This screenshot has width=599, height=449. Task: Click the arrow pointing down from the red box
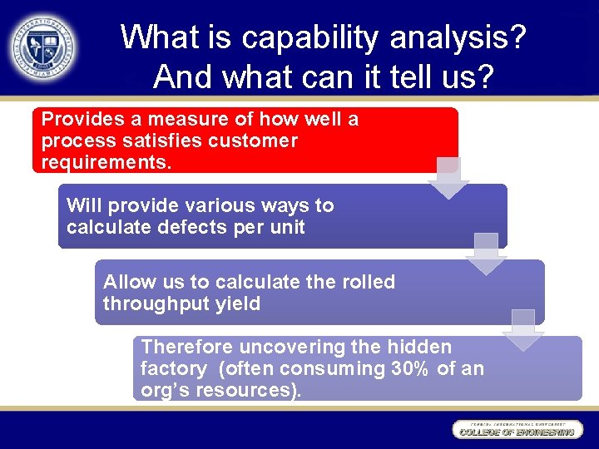coord(448,178)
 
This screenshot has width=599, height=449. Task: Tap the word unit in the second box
coord(287,227)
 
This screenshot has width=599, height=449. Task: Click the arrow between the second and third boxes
coord(486,254)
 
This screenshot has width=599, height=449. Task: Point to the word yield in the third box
coord(238,303)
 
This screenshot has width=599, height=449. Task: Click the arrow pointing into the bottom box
coord(523,330)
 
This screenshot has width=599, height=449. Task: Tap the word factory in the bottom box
coord(173,368)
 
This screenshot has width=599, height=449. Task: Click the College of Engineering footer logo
coord(516,430)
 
